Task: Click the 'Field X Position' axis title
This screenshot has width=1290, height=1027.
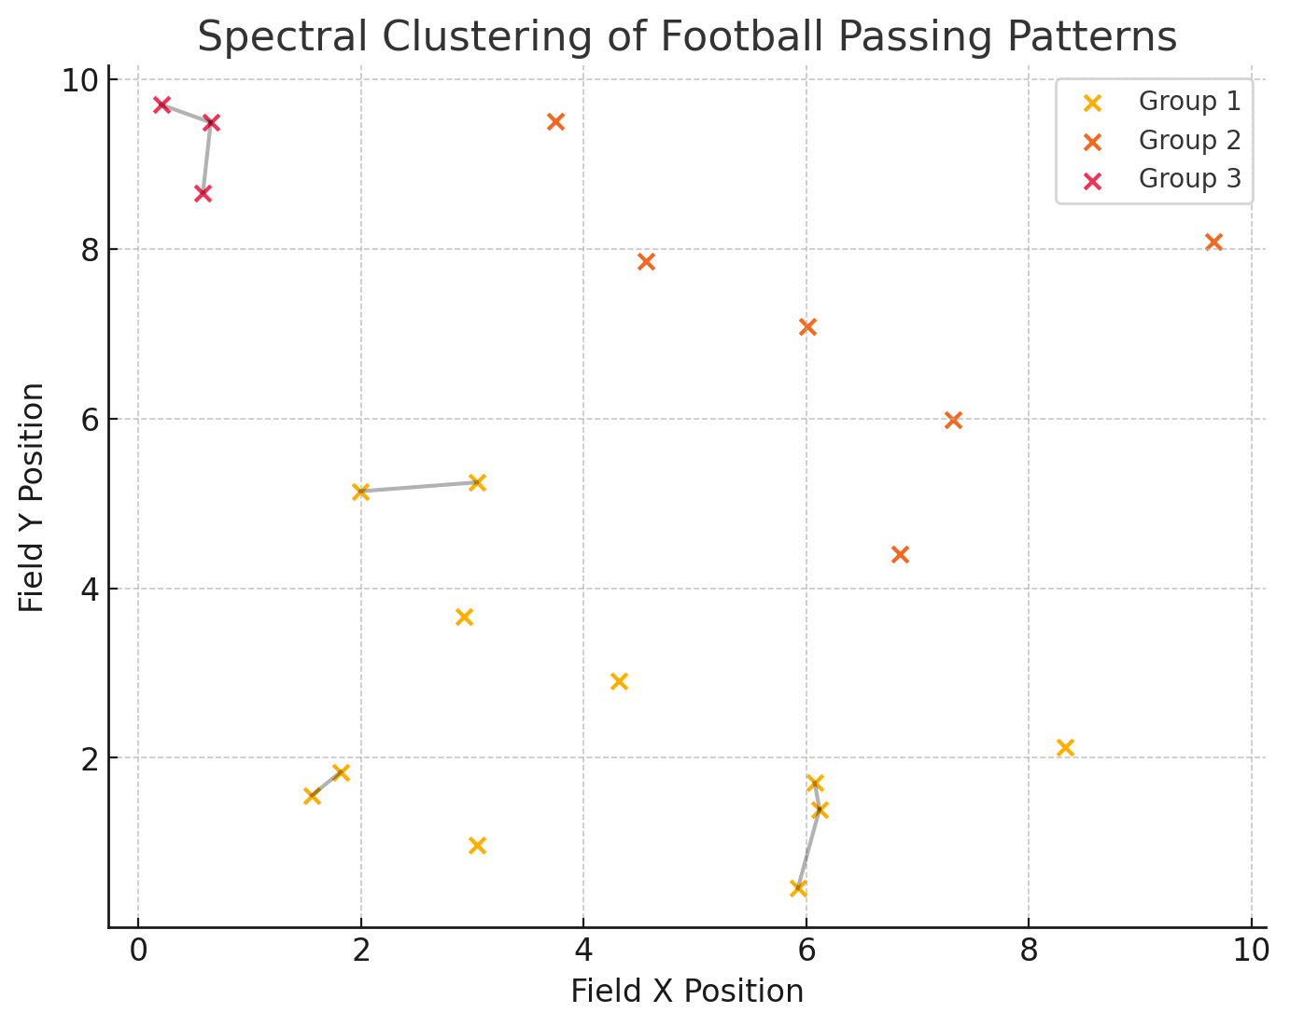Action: (x=687, y=991)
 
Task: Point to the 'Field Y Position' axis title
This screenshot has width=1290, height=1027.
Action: (x=33, y=497)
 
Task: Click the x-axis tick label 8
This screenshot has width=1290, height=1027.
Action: (x=1029, y=951)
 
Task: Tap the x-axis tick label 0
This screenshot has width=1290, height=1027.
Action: (x=138, y=951)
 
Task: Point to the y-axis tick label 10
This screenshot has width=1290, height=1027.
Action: (x=81, y=81)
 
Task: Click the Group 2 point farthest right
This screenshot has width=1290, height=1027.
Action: (x=1213, y=243)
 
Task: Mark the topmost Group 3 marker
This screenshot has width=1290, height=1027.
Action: (x=161, y=104)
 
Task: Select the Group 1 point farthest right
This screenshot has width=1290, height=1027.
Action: (x=1065, y=747)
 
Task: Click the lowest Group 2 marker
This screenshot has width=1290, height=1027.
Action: (x=900, y=555)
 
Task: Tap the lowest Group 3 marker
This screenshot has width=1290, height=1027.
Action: (x=203, y=194)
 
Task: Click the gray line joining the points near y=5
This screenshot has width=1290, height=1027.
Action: (x=419, y=487)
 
